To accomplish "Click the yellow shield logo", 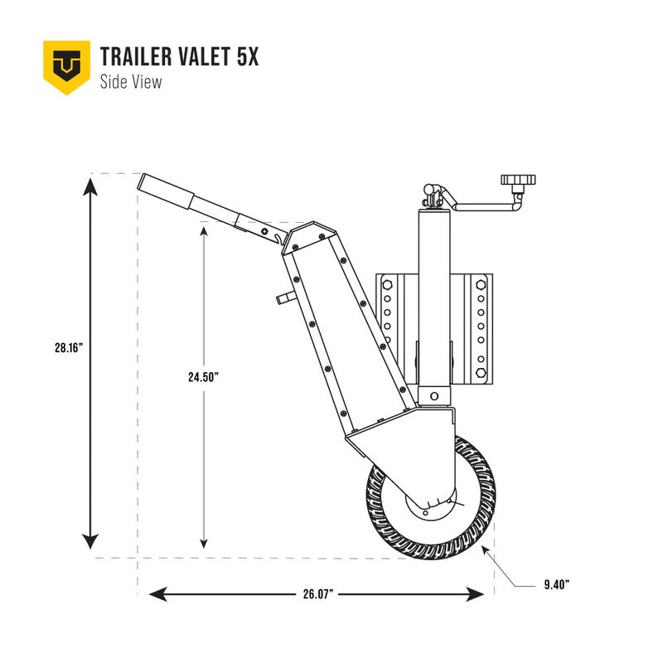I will [x=66, y=66].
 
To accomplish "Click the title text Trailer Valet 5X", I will [x=179, y=57].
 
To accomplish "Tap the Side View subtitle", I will [x=130, y=81].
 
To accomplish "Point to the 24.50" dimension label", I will [x=203, y=376].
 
